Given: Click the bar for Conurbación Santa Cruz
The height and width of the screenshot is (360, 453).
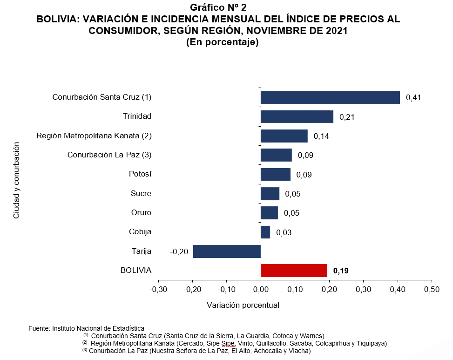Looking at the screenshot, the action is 330,97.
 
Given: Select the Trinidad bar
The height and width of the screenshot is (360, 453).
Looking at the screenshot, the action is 297,116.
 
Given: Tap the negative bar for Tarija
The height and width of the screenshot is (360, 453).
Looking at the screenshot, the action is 227,251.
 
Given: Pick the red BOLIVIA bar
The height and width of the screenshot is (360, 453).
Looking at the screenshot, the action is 294,271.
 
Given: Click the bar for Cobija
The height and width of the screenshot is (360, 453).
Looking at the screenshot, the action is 265,232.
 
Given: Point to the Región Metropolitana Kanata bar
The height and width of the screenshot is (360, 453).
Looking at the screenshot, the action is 284,136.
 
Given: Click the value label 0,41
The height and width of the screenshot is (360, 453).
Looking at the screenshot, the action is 413,98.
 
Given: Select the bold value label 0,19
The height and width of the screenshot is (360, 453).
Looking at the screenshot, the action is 341,271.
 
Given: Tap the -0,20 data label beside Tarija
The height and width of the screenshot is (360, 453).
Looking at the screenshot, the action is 179,251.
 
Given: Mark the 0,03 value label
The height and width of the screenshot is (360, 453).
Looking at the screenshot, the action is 284,232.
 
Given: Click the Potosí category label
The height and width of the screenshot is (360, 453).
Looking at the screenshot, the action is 140,174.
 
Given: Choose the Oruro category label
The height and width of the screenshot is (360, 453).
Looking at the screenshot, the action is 141,213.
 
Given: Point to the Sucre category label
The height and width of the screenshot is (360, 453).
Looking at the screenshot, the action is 141,193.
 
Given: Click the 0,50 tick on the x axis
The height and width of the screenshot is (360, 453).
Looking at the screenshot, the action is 432,290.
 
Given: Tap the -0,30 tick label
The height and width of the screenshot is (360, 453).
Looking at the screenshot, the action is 158,290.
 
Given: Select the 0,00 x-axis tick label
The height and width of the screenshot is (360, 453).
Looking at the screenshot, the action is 261,290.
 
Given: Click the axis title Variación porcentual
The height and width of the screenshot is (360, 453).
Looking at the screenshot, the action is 243,306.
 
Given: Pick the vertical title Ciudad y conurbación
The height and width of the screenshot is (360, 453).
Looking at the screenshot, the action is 16,180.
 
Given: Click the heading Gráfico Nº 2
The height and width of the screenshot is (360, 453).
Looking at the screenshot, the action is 218,7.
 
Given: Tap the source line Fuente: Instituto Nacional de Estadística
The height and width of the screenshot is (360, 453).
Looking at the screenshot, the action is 87,328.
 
